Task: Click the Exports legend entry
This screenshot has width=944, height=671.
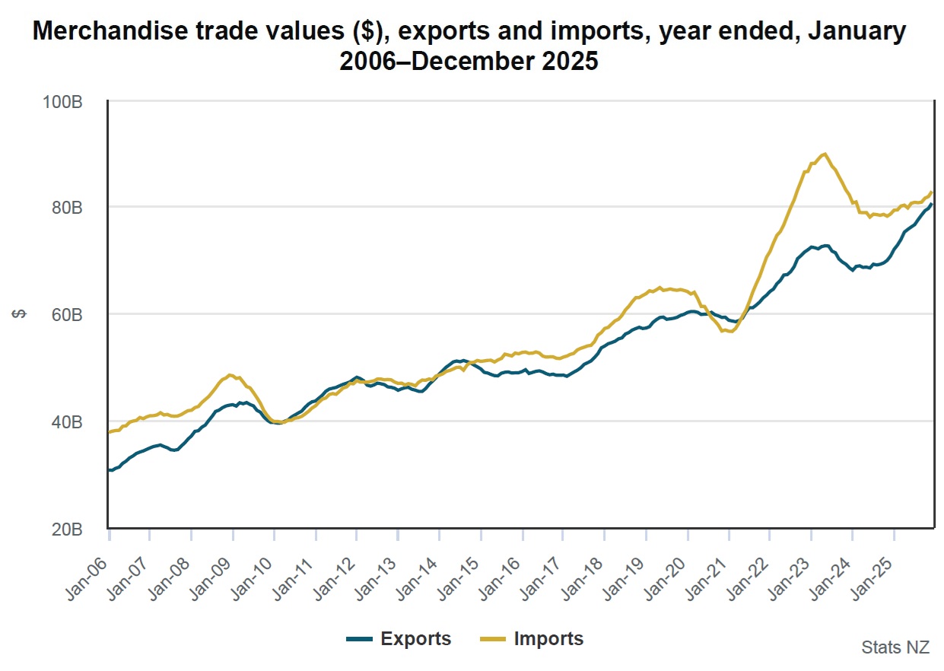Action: (x=399, y=638)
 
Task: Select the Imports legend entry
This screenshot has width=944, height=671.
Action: (x=532, y=638)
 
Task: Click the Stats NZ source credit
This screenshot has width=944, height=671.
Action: (x=895, y=647)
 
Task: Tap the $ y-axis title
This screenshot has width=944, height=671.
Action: (x=21, y=314)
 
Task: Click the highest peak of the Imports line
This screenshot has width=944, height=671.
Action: (x=825, y=154)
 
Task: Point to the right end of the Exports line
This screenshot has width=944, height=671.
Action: (x=932, y=204)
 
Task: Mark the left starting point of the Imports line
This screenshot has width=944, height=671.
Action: (x=110, y=432)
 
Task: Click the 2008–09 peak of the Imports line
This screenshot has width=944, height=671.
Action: (x=230, y=375)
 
